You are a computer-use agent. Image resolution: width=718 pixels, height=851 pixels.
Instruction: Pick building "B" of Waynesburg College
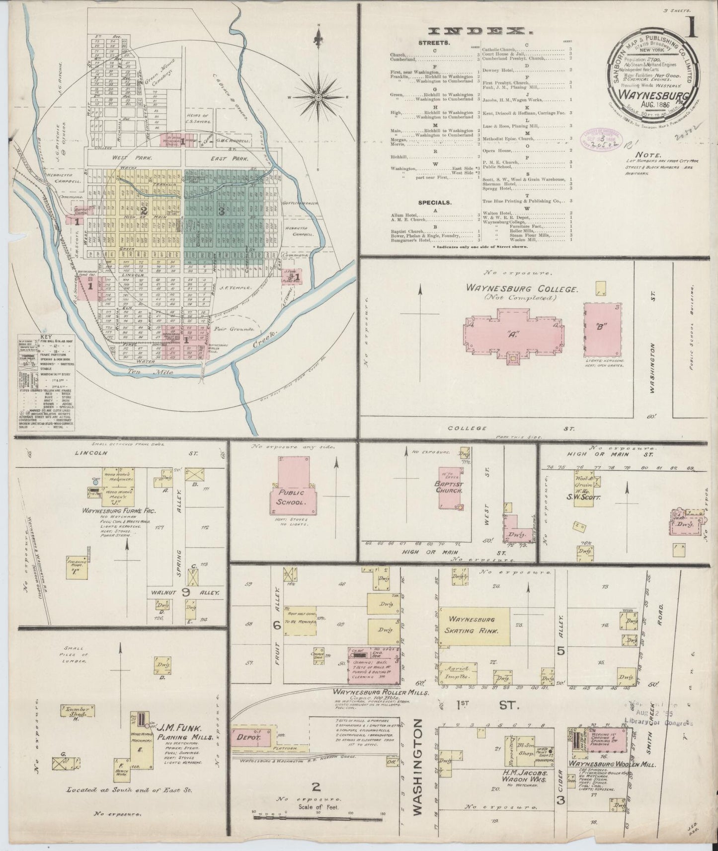[603, 329]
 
